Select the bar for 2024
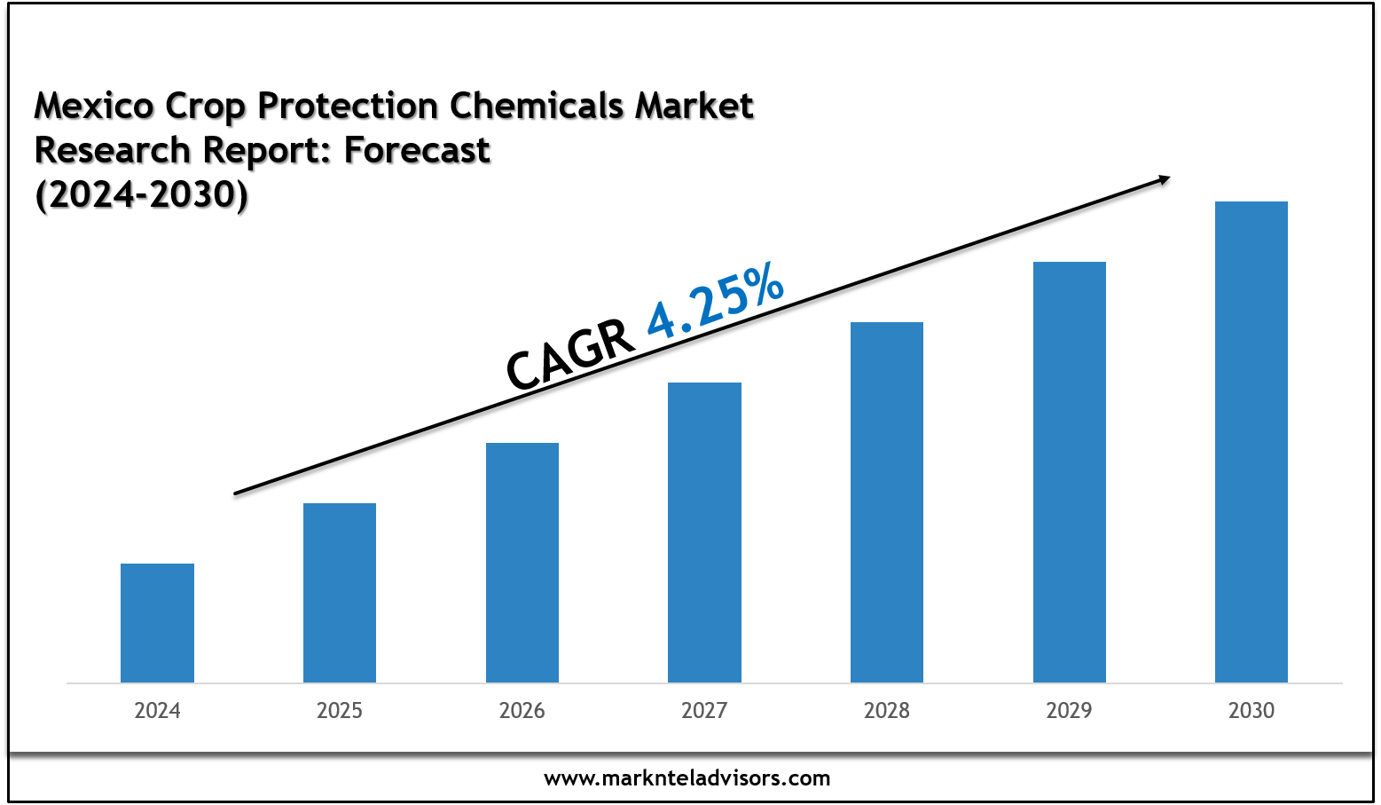(157, 623)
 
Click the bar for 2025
(340, 593)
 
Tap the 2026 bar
(522, 563)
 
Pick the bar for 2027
(704, 533)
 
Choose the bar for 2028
(887, 502)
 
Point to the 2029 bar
(1070, 472)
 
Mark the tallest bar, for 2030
(1252, 442)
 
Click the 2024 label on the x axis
(157, 711)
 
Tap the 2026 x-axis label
(522, 711)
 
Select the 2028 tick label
(887, 711)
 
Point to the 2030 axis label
(1252, 711)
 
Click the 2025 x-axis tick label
(340, 711)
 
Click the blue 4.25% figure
(715, 304)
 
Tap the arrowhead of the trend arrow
(1163, 179)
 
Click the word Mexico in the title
(94, 107)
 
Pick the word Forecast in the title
(417, 151)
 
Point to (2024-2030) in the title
(141, 195)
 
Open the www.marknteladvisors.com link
(687, 779)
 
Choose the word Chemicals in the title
(537, 107)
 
